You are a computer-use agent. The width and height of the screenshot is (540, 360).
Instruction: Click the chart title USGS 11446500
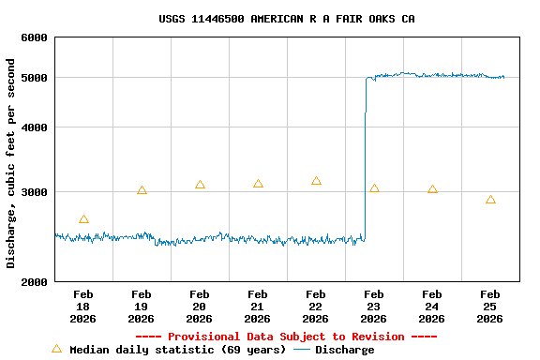click(287, 19)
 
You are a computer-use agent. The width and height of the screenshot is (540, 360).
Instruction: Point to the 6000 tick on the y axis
click(35, 37)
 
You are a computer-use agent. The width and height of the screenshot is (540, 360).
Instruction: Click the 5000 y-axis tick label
click(35, 78)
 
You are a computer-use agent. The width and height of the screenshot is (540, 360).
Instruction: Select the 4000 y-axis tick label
click(35, 127)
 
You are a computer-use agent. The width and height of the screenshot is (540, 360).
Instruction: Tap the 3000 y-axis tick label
click(35, 192)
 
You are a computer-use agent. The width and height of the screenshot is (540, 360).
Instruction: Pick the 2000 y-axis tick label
click(35, 282)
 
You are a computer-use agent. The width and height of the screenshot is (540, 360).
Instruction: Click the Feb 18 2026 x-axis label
click(83, 307)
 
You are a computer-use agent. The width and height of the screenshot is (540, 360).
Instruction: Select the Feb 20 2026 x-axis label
click(200, 307)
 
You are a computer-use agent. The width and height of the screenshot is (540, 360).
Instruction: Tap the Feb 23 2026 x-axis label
click(374, 307)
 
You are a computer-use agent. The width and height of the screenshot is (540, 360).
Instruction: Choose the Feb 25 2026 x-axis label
click(490, 307)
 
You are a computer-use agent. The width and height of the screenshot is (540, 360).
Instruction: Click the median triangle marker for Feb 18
click(83, 219)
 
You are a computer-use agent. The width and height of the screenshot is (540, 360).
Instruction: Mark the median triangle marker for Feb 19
click(142, 190)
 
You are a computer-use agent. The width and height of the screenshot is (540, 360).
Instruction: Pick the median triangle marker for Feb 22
click(316, 181)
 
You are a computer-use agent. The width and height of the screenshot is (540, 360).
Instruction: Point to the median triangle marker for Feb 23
click(374, 188)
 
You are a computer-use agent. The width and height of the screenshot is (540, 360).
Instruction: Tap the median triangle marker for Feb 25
click(490, 200)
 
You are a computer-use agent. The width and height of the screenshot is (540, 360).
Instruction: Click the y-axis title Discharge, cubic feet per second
click(11, 163)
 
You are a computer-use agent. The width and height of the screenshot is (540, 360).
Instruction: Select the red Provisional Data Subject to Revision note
click(286, 337)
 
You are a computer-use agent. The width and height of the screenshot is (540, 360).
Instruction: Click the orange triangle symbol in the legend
click(56, 349)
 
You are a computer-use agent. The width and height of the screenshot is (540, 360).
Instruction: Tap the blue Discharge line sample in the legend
click(302, 350)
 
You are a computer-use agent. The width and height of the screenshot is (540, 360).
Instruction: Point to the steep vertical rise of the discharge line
click(365, 159)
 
